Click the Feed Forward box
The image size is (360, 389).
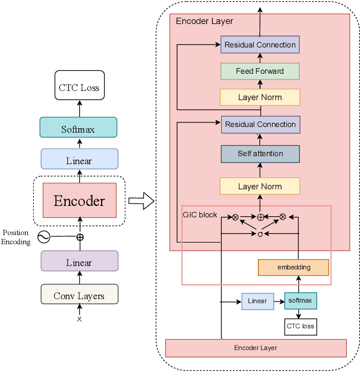click(x=260, y=71)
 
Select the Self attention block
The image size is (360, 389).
click(x=260, y=154)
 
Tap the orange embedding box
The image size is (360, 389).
click(x=293, y=267)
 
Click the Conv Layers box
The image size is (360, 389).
click(x=79, y=295)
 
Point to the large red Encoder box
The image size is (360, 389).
click(x=79, y=201)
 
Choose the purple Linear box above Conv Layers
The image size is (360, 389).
click(x=79, y=262)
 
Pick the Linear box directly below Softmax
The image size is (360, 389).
click(x=79, y=161)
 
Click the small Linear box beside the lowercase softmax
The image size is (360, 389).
click(x=257, y=301)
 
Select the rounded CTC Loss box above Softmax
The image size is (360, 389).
click(x=79, y=88)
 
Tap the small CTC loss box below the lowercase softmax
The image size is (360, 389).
click(x=300, y=327)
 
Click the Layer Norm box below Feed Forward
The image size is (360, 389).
click(x=260, y=97)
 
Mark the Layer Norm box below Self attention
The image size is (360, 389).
click(x=260, y=186)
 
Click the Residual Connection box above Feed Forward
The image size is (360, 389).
click(x=260, y=45)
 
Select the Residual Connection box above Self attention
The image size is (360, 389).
click(x=260, y=124)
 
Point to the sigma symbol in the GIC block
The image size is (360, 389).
click(x=260, y=233)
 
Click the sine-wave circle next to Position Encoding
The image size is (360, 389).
click(x=43, y=236)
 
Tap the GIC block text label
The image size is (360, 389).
click(x=199, y=215)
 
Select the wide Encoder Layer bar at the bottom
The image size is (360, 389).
click(x=255, y=348)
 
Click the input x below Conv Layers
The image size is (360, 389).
click(x=79, y=319)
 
